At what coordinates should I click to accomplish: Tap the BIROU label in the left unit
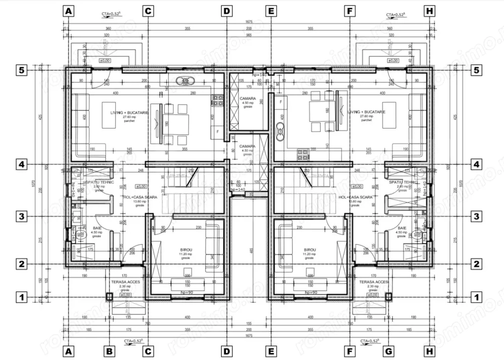tap(186, 250)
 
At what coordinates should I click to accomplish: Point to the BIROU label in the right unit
tap(310, 250)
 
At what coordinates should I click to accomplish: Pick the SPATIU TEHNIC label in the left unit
tap(99, 182)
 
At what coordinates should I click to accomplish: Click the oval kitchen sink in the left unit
tap(185, 80)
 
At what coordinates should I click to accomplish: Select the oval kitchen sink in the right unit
tap(279, 130)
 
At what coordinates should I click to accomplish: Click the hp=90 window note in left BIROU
tap(186, 292)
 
